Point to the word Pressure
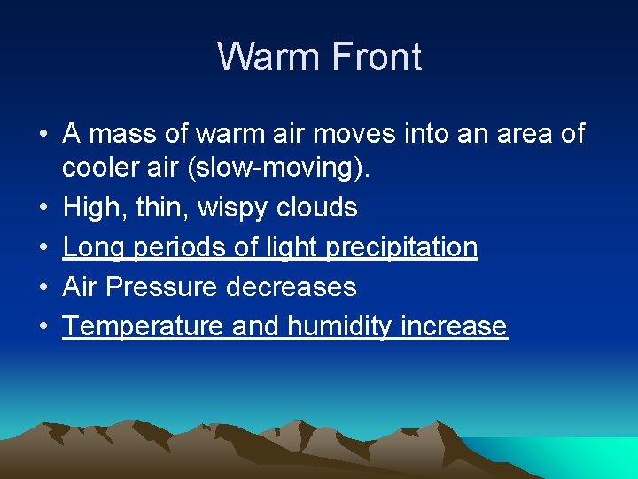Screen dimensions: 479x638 click(x=166, y=287)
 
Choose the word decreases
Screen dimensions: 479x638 click(x=292, y=287)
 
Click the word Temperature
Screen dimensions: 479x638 click(x=144, y=326)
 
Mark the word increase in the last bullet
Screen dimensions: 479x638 click(x=455, y=326)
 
